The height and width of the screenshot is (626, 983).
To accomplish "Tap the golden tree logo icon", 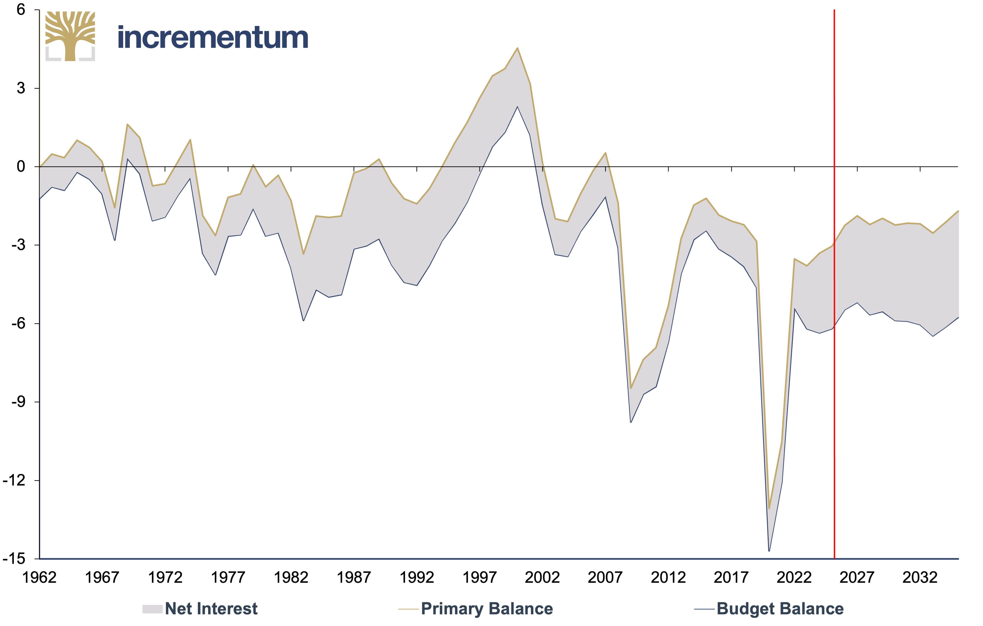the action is click(70, 36).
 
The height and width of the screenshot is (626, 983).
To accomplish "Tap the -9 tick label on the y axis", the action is click(18, 401).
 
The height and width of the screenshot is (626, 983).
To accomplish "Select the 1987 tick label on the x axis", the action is click(354, 577).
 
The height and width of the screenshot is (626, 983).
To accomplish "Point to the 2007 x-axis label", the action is click(605, 577).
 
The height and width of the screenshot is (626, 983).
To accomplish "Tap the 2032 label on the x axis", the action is click(920, 577).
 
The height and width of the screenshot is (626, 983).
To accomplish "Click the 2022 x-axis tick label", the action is click(794, 577).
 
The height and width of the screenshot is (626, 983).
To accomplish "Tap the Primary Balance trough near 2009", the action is click(631, 388).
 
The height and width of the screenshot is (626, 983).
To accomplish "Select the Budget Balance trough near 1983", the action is click(303, 320).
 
